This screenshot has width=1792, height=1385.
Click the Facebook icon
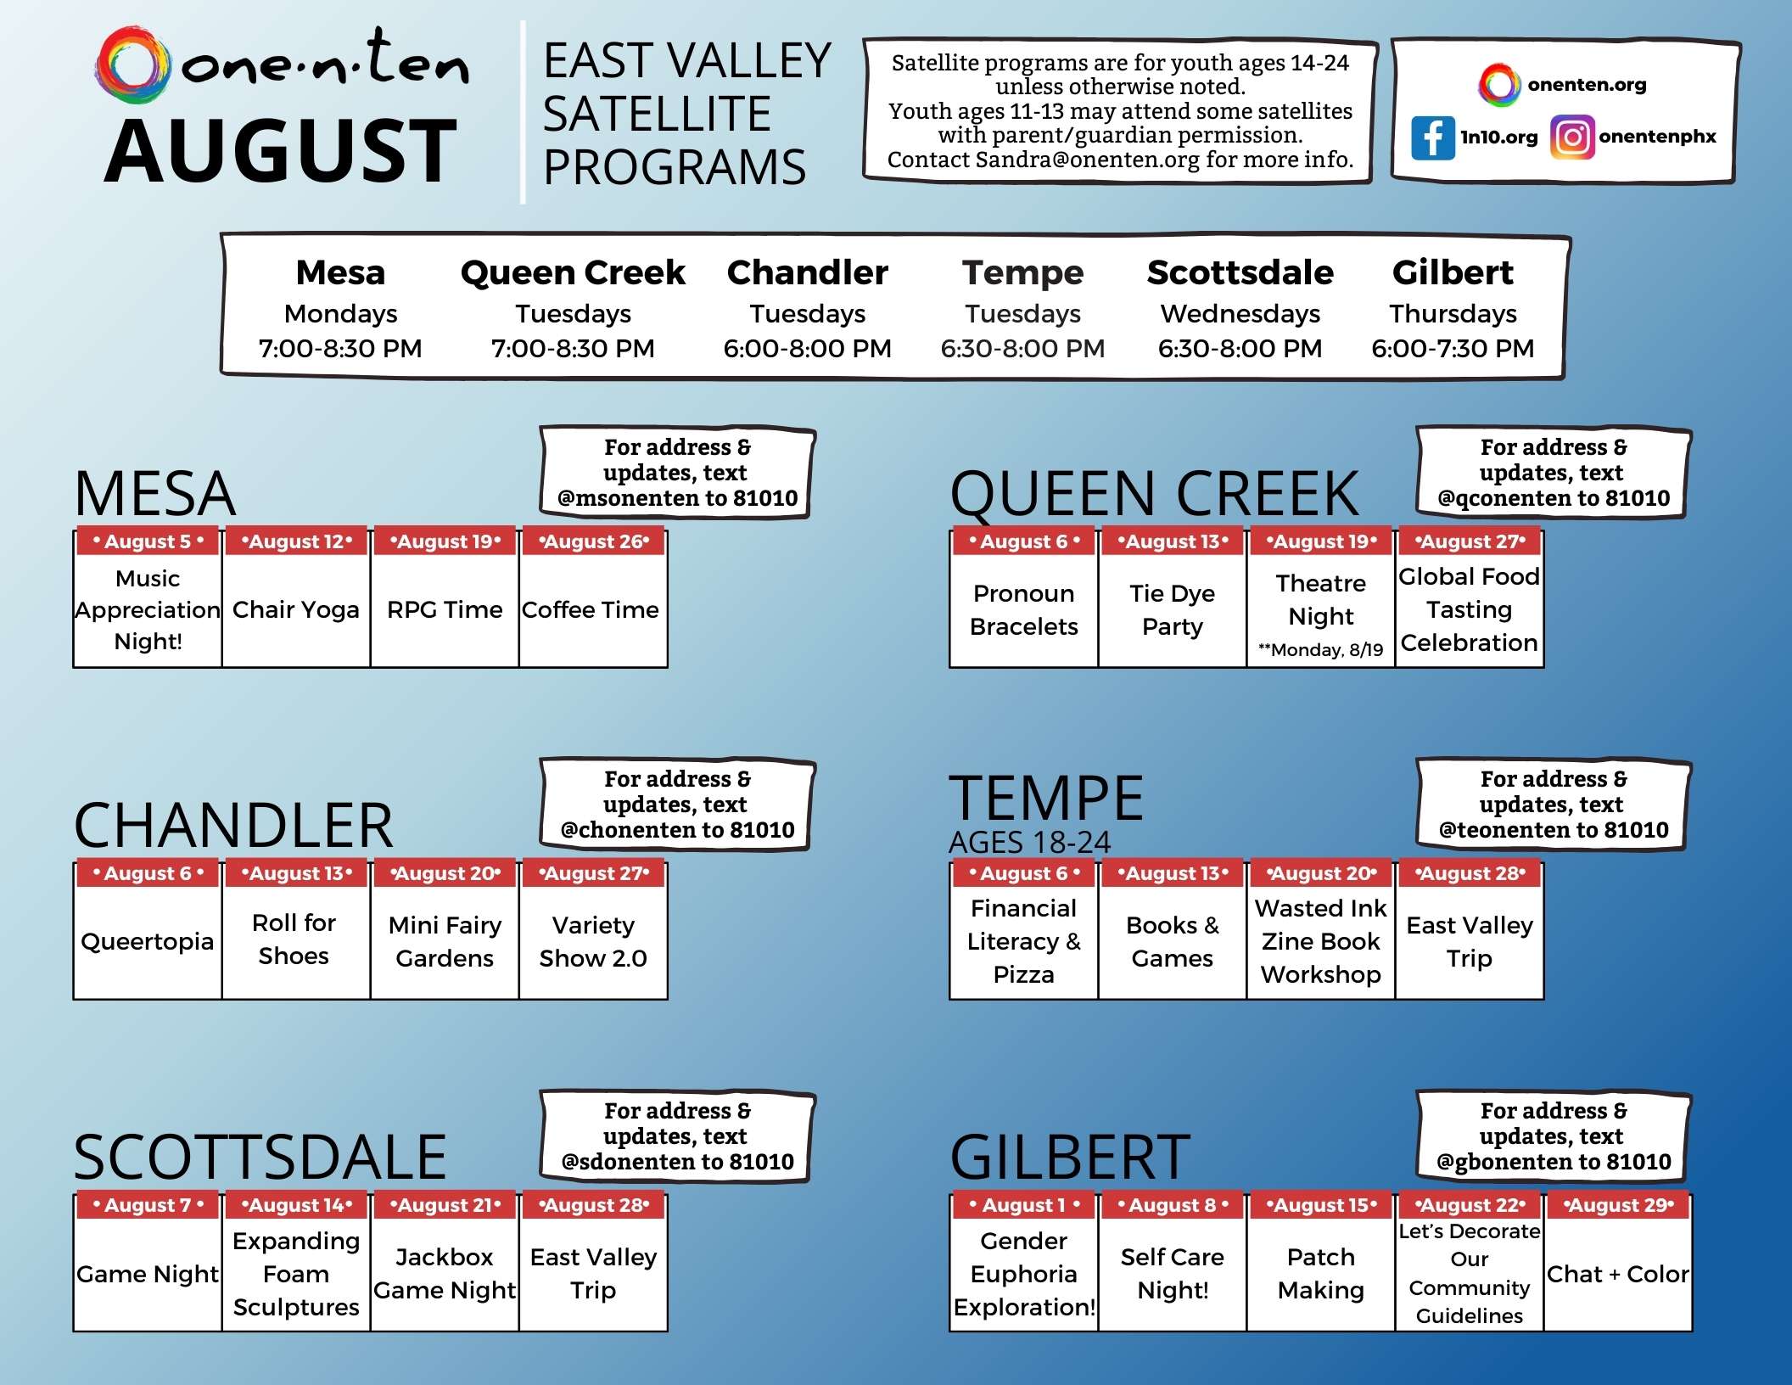[x=1432, y=137]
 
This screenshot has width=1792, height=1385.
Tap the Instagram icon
[x=1572, y=137]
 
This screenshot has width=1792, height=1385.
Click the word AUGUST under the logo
[x=281, y=151]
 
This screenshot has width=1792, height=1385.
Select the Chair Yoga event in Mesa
[x=296, y=609]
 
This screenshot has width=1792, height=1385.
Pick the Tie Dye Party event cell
[x=1172, y=609]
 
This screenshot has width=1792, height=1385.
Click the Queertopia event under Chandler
[x=148, y=941]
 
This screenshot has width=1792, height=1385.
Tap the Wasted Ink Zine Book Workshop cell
[x=1320, y=941]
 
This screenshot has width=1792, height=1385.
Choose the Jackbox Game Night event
[x=445, y=1273]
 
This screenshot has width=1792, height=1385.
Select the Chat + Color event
[x=1617, y=1274]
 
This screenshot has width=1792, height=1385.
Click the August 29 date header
[x=1618, y=1205]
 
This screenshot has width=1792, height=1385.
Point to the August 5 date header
[x=148, y=541]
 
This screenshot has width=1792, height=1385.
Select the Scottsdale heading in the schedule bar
[x=1240, y=272]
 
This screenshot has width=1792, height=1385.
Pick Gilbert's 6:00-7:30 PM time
[x=1453, y=348]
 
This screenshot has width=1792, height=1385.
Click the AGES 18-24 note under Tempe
[x=1029, y=842]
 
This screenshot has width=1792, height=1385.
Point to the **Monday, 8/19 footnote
[x=1320, y=650]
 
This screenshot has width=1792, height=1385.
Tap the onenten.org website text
[x=1587, y=85]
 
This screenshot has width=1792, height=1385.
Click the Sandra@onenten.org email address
[x=1087, y=160]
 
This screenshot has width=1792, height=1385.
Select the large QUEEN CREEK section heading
[x=1154, y=493]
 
